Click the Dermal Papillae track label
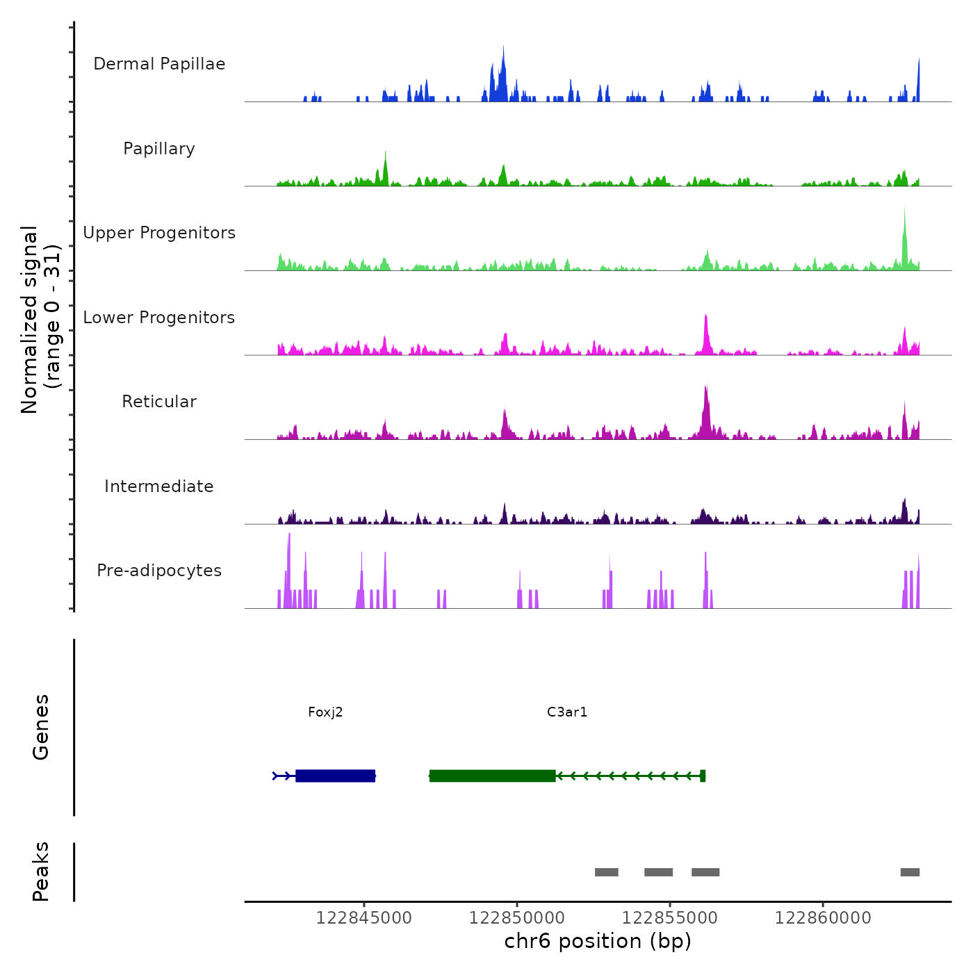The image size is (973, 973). [x=159, y=64]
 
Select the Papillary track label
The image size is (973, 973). [x=159, y=149]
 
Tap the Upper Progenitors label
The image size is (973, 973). [x=159, y=233]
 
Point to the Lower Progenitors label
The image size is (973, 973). [x=159, y=318]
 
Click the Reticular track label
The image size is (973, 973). [x=159, y=402]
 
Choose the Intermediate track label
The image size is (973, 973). [x=159, y=486]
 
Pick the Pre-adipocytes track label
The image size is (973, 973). [x=159, y=571]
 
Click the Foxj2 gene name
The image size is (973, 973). [x=325, y=712]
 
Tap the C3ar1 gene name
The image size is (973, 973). [x=567, y=712]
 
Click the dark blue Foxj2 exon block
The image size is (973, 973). [x=336, y=776]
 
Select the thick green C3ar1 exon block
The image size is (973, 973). [x=493, y=776]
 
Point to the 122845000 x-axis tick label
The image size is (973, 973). [x=363, y=918]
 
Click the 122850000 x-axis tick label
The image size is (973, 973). [x=516, y=918]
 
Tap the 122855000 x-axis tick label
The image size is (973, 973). [x=669, y=918]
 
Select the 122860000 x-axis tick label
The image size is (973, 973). [x=823, y=918]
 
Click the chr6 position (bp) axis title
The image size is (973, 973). [x=598, y=942]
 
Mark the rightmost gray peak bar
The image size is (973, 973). [x=910, y=872]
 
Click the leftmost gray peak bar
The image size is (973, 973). [x=606, y=872]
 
